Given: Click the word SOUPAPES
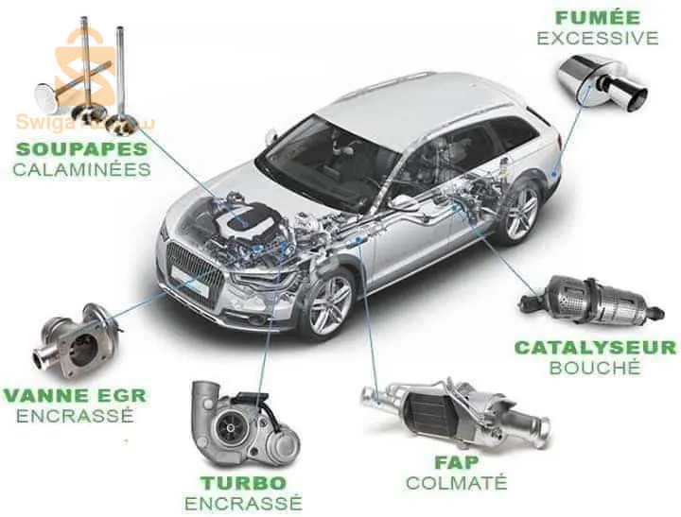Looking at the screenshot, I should [80, 148].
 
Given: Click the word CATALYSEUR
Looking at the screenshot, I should [595, 347].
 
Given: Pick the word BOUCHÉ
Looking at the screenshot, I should [595, 367].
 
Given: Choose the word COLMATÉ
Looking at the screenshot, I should [456, 483].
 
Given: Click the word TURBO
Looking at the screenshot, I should [243, 482].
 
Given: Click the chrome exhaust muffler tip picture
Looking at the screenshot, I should [602, 82].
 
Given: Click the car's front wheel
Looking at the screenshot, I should [324, 301].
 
